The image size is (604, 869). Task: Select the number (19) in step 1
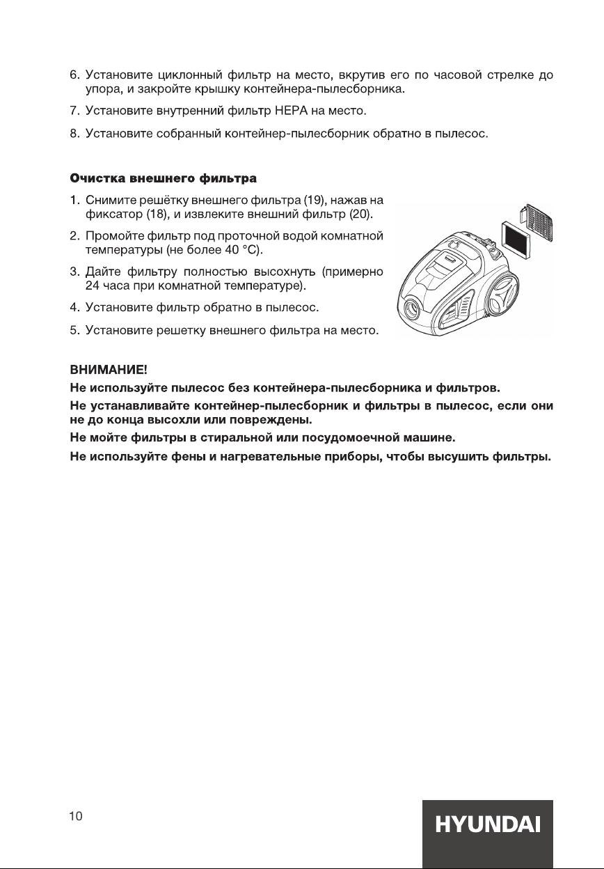(x=309, y=201)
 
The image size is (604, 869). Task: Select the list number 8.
(x=74, y=133)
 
